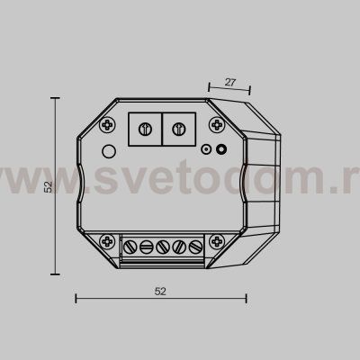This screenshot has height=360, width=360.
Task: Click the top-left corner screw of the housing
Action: tap(108, 123)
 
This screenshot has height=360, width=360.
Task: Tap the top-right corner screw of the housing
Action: tap(219, 123)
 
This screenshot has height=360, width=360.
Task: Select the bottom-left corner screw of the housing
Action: tap(108, 241)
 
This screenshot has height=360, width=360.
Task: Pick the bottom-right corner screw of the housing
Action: tap(219, 241)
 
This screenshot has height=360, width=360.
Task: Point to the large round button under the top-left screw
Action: tap(109, 150)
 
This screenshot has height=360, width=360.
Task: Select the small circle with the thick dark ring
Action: tap(221, 151)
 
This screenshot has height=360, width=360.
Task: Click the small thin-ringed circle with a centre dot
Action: tap(206, 151)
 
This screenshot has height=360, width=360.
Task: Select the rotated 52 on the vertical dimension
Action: tap(49, 187)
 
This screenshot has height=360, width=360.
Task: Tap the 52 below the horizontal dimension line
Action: tap(160, 292)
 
